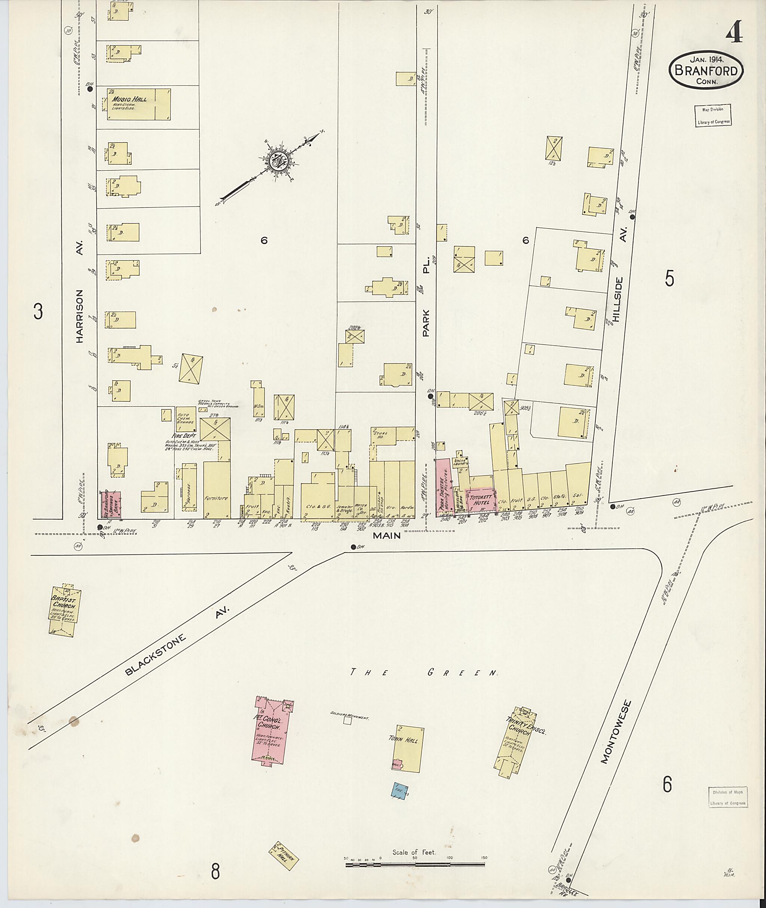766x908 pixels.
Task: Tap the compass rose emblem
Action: click(x=276, y=162)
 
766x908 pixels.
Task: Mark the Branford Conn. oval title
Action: click(x=706, y=71)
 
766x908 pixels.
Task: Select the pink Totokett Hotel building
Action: click(x=479, y=500)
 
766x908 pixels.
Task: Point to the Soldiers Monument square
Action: click(x=347, y=721)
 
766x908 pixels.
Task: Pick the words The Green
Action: click(x=424, y=673)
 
